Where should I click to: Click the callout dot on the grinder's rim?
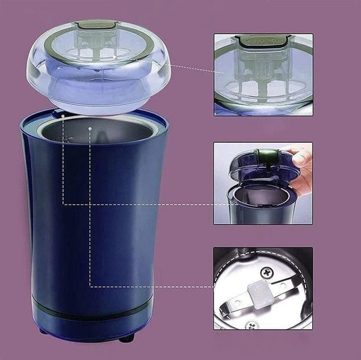pos(62,116)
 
